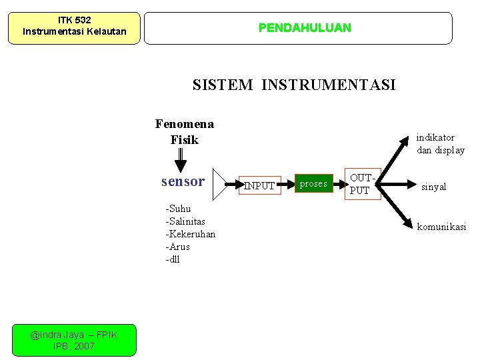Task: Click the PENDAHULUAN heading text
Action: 305,28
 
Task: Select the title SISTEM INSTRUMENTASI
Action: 294,85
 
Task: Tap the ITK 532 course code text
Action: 74,21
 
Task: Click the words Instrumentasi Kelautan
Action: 74,31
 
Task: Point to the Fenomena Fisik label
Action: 184,131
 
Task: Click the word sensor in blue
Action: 183,181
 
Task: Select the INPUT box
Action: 259,186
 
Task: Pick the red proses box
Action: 313,183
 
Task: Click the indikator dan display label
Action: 440,144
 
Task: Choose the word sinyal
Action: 433,187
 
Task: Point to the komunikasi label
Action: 441,227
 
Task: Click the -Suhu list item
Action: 178,209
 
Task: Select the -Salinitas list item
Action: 185,221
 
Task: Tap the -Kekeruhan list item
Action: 190,234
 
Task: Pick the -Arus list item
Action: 177,247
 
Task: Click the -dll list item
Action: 173,259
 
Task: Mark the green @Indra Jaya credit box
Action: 73,341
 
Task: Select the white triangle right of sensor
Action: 220,181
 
